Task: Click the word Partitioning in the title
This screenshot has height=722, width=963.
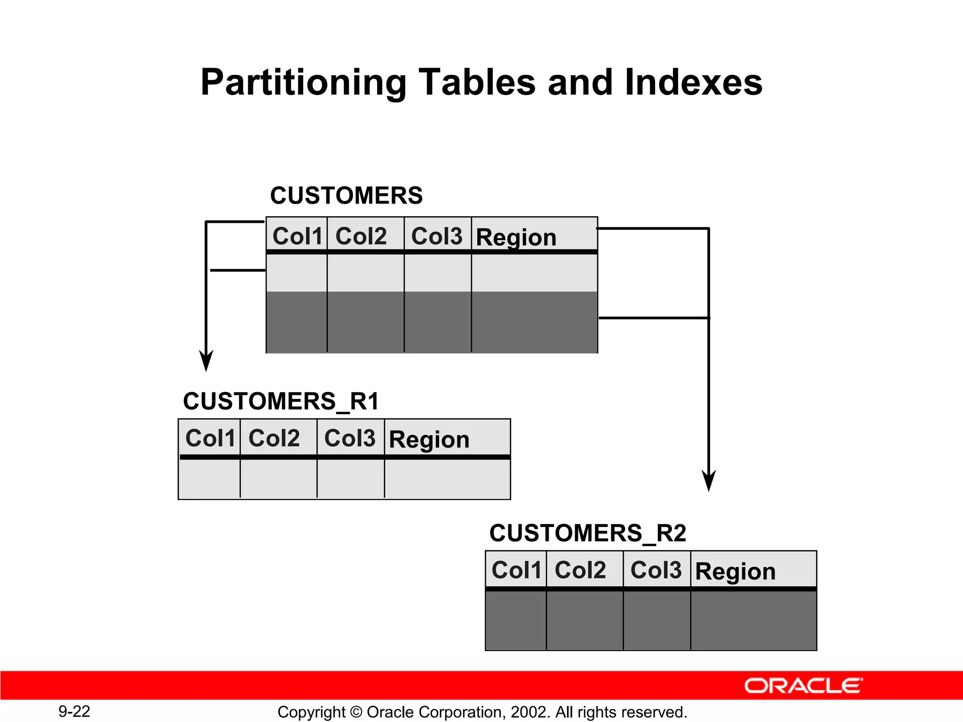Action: click(303, 83)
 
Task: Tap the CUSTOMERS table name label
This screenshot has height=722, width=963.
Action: click(346, 196)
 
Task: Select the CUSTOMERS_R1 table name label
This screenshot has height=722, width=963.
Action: click(281, 401)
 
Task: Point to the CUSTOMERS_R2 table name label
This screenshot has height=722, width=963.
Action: click(588, 533)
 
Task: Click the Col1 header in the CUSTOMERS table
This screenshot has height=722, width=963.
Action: click(297, 236)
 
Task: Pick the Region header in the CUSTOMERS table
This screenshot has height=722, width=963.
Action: click(516, 237)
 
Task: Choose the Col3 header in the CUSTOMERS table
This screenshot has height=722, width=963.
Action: click(437, 236)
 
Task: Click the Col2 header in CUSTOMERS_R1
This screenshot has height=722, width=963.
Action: click(274, 438)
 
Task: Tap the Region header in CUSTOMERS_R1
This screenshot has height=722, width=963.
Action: click(429, 439)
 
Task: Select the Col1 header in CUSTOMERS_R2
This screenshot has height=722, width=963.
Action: click(516, 570)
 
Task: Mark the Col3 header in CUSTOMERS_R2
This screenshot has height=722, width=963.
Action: click(656, 570)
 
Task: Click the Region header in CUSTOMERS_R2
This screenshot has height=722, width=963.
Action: click(735, 572)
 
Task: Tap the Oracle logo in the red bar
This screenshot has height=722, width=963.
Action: click(803, 686)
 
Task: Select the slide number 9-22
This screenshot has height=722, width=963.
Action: click(74, 711)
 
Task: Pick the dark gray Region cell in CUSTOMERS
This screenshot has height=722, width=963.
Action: click(534, 322)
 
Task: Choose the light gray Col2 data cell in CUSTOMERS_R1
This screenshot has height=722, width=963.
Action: click(278, 479)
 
